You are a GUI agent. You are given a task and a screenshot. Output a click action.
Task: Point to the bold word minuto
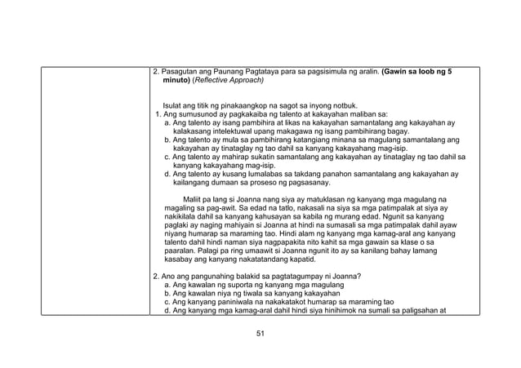[x=176, y=82]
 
